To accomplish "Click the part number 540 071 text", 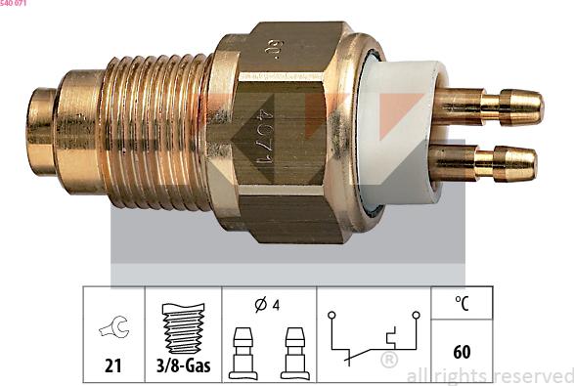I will click(14, 5).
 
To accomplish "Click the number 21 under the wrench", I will click(114, 366).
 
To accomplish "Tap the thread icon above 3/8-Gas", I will click(183, 326).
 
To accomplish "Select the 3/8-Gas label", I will click(183, 366).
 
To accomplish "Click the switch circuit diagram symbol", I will click(374, 337).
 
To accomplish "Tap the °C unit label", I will click(462, 303).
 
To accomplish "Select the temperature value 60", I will click(462, 351).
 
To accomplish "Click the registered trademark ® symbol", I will click(388, 361).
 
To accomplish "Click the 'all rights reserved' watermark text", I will click(489, 375).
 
